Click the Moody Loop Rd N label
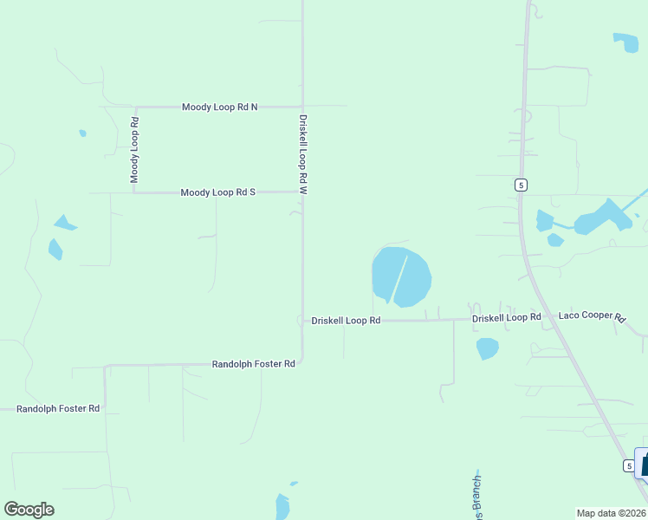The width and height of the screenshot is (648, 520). pos(219,107)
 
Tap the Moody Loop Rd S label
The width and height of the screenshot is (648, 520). pos(217,192)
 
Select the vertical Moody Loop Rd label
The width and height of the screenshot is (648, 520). pos(134,149)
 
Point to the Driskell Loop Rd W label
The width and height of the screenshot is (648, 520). pos(303,153)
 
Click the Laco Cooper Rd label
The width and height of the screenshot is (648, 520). pos(592,317)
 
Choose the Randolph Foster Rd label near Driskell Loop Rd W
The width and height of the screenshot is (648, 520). pos(254,364)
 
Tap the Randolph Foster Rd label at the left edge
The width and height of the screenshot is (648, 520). pos(58,408)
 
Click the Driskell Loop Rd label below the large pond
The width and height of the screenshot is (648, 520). pos(346,321)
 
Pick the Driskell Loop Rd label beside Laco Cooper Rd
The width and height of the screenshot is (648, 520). pos(506,318)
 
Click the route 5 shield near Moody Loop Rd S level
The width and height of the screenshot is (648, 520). pos(520,185)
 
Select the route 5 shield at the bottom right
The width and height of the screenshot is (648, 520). pos(628,466)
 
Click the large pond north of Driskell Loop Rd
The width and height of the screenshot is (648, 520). pos(401,276)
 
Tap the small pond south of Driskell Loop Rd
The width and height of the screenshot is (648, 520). pos(488,348)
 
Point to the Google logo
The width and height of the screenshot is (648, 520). pos(29,510)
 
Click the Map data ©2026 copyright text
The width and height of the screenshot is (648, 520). pos(612,513)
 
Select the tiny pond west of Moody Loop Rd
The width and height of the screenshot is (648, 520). pos(82,133)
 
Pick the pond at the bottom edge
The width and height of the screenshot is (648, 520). pos(282,507)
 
